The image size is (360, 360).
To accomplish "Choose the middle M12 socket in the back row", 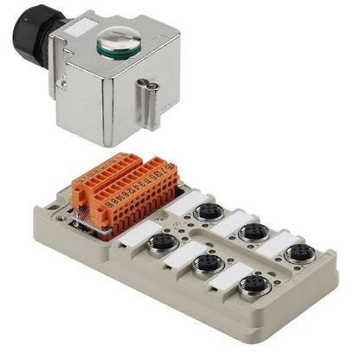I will click(x=253, y=232).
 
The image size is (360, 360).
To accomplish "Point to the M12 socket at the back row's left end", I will click(x=209, y=212).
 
